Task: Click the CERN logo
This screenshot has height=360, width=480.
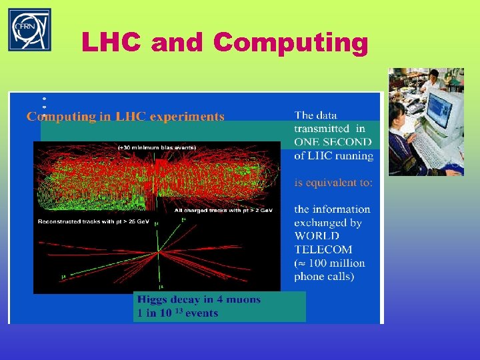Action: tap(29, 30)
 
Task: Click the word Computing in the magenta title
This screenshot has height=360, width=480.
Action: tap(291, 43)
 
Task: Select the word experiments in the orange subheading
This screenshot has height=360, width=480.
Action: tap(187, 117)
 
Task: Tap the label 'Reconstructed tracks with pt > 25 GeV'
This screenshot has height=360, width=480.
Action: tap(94, 221)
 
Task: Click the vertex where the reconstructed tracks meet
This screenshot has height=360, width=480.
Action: tap(158, 251)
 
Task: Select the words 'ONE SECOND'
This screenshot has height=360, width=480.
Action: tap(333, 142)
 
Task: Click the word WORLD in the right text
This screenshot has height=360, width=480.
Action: tap(317, 236)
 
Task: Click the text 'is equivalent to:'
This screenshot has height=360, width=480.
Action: tap(333, 182)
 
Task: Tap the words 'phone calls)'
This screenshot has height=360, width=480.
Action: tap(325, 276)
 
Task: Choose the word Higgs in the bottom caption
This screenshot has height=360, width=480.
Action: tap(153, 300)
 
